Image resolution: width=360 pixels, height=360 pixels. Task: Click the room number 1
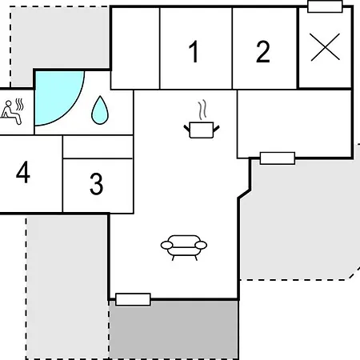(x=194, y=52)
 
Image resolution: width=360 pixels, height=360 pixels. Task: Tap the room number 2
(x=263, y=52)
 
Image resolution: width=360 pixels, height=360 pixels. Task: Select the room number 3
(x=96, y=184)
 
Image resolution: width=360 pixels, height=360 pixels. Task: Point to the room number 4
(x=23, y=172)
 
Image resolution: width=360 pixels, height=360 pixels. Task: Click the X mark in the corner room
(x=325, y=47)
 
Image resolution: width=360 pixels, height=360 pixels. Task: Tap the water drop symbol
(x=100, y=110)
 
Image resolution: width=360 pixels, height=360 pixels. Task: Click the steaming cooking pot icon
(x=202, y=130)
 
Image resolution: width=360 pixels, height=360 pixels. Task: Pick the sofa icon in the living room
(x=184, y=247)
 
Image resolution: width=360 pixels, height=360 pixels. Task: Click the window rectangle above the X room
(x=325, y=6)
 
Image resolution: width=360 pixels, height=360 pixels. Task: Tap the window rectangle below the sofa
(x=133, y=299)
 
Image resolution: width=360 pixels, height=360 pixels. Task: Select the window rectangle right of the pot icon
(x=278, y=158)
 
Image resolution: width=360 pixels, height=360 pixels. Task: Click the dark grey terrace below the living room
(x=174, y=330)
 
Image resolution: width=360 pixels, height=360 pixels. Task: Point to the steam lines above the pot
(x=202, y=110)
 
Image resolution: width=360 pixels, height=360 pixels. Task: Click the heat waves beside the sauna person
(x=19, y=105)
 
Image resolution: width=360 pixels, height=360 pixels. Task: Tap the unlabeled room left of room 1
(x=135, y=48)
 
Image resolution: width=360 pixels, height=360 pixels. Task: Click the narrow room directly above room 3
(x=98, y=147)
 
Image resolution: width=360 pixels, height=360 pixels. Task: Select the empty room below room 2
(x=294, y=124)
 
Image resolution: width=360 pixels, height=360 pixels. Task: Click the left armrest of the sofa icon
(x=166, y=245)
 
